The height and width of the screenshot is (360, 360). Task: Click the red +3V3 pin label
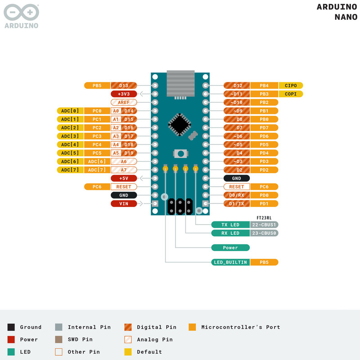pos(124,94)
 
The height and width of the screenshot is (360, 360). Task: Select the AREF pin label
pos(124,103)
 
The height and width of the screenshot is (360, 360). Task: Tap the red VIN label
pos(124,204)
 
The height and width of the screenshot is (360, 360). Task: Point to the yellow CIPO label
pos(291,85)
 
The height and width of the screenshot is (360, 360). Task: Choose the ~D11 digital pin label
pos(237,94)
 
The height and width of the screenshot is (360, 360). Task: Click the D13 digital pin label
pos(124,85)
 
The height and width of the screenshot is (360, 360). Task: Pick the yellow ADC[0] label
pos(70,111)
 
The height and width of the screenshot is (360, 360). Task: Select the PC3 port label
pos(97,136)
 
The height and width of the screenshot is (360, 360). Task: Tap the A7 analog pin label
pos(124,170)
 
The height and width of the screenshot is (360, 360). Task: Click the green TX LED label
pos(230,225)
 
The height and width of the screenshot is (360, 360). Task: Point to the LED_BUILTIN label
pos(230,262)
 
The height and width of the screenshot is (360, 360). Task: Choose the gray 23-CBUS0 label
pos(264,233)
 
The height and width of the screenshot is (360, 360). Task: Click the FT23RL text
pos(264,218)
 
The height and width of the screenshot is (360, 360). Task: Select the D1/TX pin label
pos(237,204)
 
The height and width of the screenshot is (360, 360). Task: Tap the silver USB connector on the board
pos(181,83)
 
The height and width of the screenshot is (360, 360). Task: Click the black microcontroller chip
pos(180,125)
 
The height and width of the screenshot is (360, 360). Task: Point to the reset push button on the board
pos(181,153)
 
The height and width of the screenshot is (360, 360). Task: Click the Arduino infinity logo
pos(21,12)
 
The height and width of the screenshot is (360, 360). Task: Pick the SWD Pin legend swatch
pos(59,339)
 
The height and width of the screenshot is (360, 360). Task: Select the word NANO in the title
pos(346,17)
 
